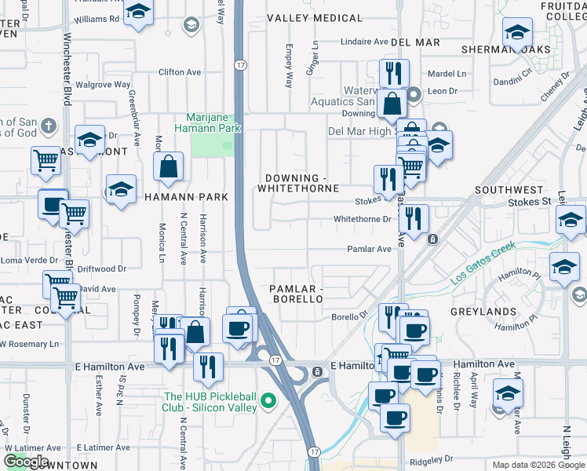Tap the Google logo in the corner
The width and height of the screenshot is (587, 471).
[x=26, y=462]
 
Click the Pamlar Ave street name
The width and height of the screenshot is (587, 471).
[x=369, y=249]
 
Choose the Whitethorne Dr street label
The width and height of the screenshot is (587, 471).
[x=361, y=219]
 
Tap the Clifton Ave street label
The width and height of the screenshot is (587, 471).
[x=180, y=72]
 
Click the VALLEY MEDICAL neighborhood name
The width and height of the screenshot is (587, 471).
[x=315, y=18]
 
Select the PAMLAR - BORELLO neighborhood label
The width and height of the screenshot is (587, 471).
[x=296, y=294]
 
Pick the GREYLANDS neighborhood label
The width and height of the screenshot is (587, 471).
[x=483, y=312]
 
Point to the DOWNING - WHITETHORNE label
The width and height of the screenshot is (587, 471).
[x=301, y=184]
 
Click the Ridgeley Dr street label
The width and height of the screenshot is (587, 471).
[x=427, y=458]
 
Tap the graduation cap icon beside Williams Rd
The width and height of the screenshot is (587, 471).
[x=138, y=13]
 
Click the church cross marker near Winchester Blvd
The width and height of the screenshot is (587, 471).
[x=48, y=126]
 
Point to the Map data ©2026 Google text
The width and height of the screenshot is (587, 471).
[x=538, y=465]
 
